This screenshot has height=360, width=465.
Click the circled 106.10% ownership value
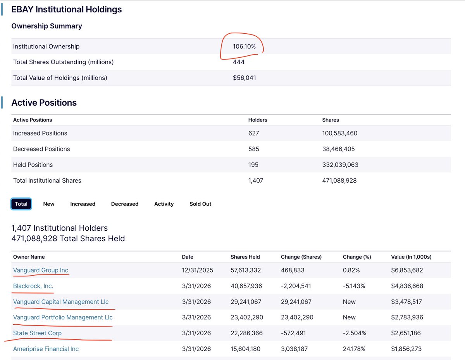click(x=244, y=46)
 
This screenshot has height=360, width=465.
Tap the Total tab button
click(x=21, y=204)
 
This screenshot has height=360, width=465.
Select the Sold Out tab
click(x=200, y=204)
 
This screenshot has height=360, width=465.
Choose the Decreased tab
click(x=125, y=204)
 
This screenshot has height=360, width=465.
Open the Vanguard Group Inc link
click(x=41, y=270)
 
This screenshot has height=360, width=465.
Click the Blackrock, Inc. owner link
click(x=33, y=286)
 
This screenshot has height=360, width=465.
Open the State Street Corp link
click(x=37, y=333)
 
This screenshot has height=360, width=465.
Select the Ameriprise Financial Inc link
click(x=46, y=349)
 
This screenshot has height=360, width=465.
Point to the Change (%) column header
click(x=357, y=257)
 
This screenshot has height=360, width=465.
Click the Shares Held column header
click(x=245, y=257)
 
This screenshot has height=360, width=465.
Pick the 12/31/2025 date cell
click(x=198, y=270)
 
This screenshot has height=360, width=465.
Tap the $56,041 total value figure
click(x=245, y=77)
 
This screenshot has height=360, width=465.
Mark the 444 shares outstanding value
click(x=239, y=62)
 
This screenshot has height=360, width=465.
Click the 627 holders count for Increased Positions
click(x=253, y=133)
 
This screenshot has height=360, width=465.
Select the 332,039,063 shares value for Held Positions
click(x=340, y=165)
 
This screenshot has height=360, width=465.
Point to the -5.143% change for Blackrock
click(x=354, y=286)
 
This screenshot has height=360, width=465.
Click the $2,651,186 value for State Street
click(x=406, y=333)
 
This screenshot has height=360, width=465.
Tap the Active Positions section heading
click(x=44, y=103)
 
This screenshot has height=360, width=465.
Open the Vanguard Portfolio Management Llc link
click(x=63, y=317)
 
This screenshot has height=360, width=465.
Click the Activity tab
click(x=164, y=204)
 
